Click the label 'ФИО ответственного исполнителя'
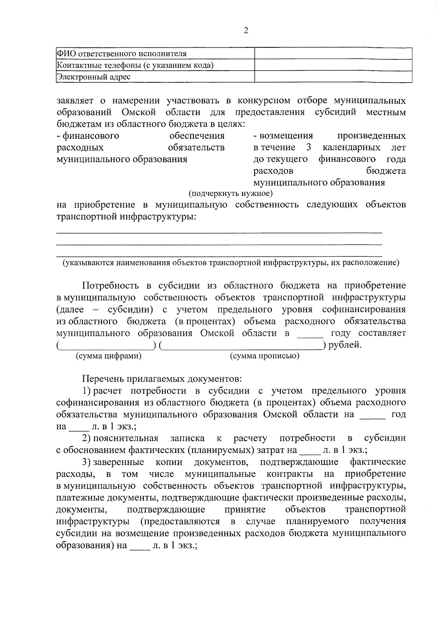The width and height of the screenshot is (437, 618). click(122, 54)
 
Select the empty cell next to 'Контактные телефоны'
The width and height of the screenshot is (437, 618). click(333, 65)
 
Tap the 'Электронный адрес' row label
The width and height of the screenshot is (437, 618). click(94, 77)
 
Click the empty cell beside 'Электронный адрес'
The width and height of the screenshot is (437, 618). click(333, 77)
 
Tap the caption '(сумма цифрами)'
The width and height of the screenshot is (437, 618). click(108, 356)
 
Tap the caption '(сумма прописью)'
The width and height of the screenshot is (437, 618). click(265, 356)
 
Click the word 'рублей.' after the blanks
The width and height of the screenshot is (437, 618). click(345, 345)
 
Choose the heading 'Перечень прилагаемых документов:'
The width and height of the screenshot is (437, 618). click(162, 379)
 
